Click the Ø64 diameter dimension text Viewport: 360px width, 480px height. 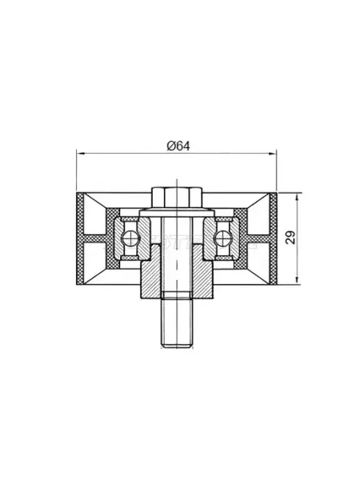click(178, 146)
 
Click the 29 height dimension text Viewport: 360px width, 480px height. click(290, 238)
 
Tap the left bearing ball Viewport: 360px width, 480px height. click(128, 238)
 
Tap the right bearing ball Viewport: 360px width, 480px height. click(222, 238)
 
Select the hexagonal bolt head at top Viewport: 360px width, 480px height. click(177, 198)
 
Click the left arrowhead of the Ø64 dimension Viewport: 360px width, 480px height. click(80, 154)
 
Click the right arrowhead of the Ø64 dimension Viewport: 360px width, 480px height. click(273, 154)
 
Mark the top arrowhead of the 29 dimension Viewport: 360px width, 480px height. click(296, 197)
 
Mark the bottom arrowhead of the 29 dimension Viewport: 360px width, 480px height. click(296, 281)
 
